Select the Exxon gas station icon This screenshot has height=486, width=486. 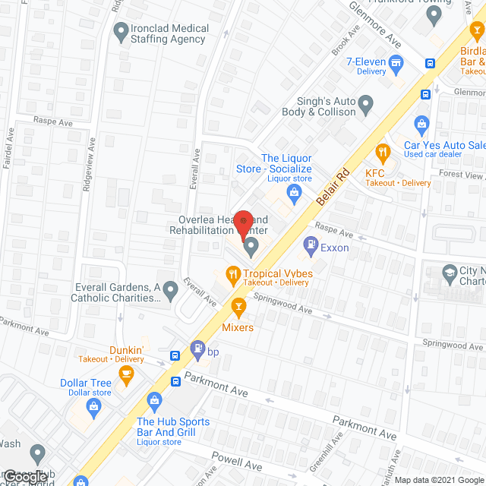point(310,245)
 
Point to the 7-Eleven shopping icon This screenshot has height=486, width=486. point(395,62)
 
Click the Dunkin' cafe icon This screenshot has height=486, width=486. point(127,372)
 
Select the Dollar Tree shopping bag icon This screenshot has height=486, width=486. point(93,406)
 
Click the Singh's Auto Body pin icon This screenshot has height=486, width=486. point(366,103)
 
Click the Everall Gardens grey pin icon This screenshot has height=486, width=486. point(171,289)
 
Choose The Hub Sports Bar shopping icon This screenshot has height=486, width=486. point(155,400)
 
